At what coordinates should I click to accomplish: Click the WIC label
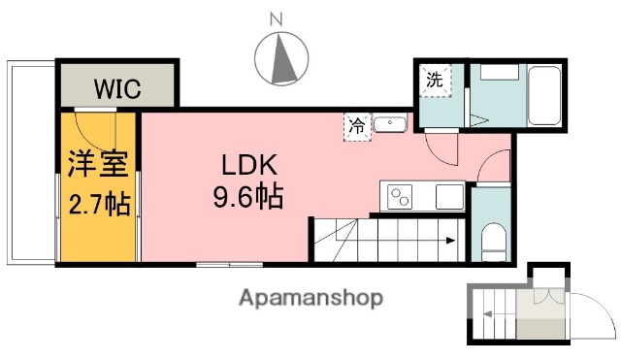click(117, 88)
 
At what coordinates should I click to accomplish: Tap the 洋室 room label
click(97, 164)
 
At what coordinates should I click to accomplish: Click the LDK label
click(247, 164)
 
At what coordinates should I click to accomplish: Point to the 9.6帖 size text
click(247, 198)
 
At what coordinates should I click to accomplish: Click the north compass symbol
click(279, 59)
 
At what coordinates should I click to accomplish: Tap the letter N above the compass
click(276, 17)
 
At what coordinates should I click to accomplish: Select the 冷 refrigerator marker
click(358, 124)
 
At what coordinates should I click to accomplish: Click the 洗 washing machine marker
click(435, 81)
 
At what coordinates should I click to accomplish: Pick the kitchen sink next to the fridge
click(389, 124)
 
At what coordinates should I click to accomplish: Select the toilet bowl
click(492, 238)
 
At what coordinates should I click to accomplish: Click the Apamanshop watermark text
click(310, 297)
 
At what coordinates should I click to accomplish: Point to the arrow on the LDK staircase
click(448, 242)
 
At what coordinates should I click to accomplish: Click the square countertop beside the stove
click(450, 196)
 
